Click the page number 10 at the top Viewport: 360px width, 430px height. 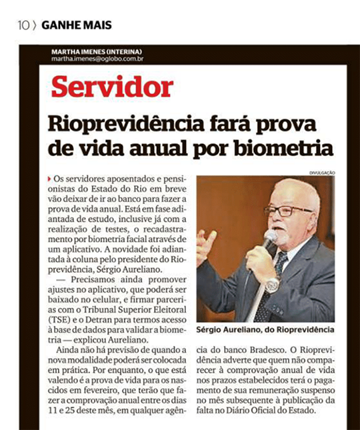(x=24, y=26)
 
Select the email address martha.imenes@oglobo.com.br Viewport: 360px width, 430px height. (x=98, y=59)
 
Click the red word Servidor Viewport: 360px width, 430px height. (x=112, y=87)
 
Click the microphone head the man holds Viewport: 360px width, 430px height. (x=269, y=238)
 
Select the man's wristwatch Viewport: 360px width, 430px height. (x=271, y=285)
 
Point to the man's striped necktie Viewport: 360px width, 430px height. (x=273, y=280)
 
